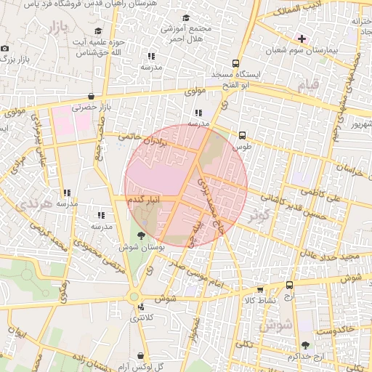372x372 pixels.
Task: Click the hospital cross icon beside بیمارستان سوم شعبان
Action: pos(302,38)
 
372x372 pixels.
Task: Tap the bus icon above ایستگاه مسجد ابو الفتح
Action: pos(235,63)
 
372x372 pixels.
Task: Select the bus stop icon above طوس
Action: pos(242,134)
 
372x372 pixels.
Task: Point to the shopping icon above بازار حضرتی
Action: pos(90,96)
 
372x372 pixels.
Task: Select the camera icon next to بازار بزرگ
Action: pos(5,48)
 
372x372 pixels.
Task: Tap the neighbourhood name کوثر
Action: pos(258,215)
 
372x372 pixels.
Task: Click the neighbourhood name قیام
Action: pos(307,86)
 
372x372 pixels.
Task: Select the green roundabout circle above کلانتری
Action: pos(134,296)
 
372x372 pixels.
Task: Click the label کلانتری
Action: pos(142,318)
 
